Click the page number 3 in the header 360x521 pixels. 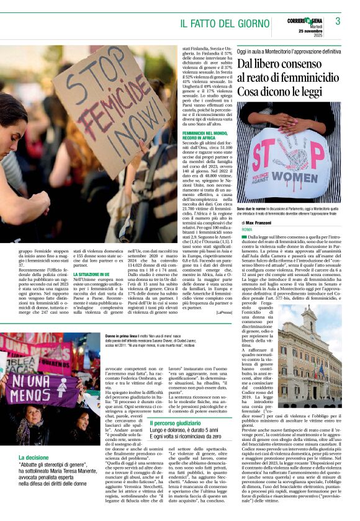click(x=338, y=20)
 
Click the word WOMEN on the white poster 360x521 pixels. click(x=287, y=176)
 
